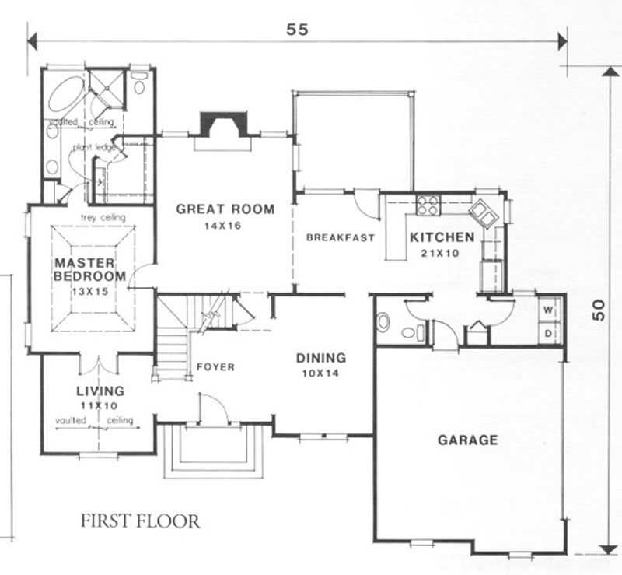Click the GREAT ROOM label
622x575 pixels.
coord(225,209)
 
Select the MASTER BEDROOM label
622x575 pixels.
coord(89,269)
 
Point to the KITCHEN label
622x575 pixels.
coord(442,237)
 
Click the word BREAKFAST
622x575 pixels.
coord(341,238)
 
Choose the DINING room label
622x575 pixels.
coord(320,359)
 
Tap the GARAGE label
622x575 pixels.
coord(467,440)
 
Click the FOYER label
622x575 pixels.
coord(215,367)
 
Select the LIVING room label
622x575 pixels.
coord(101,391)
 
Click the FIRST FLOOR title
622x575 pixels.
coord(140,521)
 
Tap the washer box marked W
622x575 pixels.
coord(549,310)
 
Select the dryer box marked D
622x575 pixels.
coord(549,333)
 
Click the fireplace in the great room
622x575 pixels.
coord(223,126)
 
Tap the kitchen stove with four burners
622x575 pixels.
coord(428,205)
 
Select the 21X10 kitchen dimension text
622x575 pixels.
coord(442,253)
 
